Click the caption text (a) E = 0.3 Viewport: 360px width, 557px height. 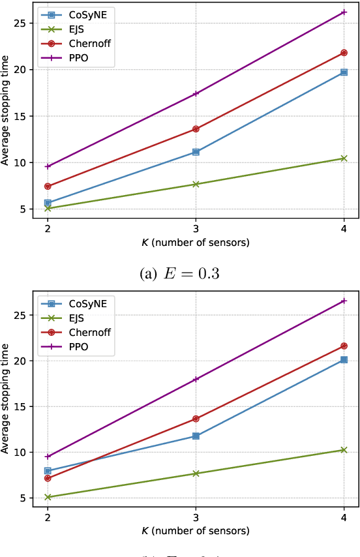(179, 273)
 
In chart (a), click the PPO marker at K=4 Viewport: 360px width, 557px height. (344, 12)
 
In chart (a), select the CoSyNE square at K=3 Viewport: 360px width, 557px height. (196, 152)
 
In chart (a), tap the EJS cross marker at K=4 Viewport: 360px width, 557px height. (344, 158)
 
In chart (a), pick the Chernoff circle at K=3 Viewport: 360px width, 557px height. (196, 129)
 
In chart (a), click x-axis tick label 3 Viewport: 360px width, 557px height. (196, 230)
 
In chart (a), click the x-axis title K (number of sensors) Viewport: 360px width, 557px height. (196, 243)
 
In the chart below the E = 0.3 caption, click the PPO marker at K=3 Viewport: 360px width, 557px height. (196, 379)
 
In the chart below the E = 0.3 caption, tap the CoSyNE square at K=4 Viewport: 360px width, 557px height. (344, 359)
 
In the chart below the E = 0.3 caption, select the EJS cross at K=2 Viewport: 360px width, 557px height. (48, 497)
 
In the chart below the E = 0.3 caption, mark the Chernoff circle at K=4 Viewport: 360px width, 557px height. (344, 346)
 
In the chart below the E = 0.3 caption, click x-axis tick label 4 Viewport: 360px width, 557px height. (344, 518)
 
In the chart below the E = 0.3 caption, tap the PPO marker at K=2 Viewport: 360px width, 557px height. (48, 457)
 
